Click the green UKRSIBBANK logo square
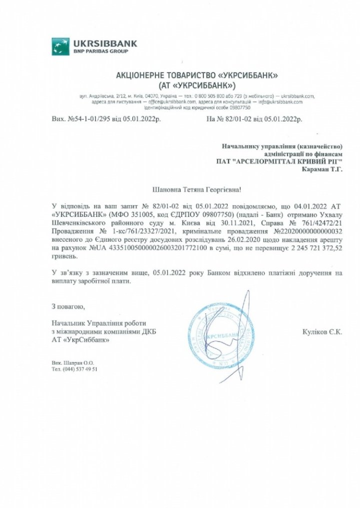point(60,46)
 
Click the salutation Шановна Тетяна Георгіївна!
point(196,190)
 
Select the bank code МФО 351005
point(131,214)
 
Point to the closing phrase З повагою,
point(68,306)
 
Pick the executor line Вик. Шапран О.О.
point(72,362)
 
